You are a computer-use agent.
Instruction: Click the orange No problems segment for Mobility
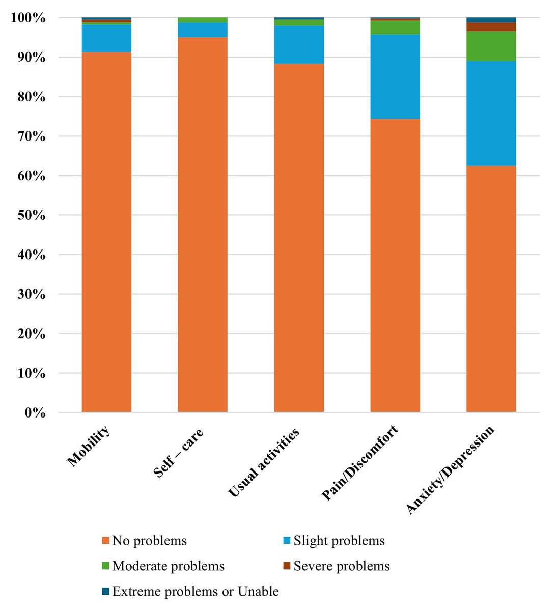coord(106,232)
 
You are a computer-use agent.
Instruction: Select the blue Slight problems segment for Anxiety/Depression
coord(491,113)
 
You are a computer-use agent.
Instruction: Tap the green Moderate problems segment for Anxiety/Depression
coord(491,46)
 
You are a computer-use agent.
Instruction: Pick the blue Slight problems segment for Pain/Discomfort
coord(395,76)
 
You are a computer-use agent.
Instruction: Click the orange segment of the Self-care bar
coord(203,225)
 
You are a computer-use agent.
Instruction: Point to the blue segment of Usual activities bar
coord(299,44)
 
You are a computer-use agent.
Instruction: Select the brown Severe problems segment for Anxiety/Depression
coord(491,26)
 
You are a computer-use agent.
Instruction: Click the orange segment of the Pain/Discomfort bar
coord(395,265)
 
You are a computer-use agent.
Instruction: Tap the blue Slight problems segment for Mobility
coord(106,38)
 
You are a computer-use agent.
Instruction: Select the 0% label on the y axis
coord(35,413)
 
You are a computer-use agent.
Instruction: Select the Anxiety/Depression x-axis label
coord(451,469)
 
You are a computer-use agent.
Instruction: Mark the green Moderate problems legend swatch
coord(105,566)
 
